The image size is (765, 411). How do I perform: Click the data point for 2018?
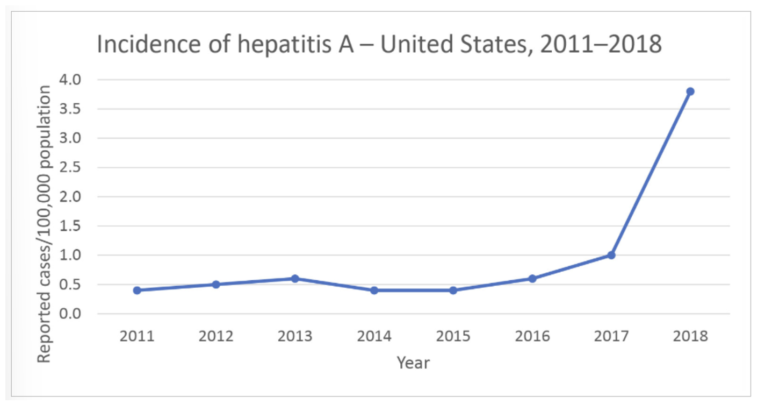(690, 91)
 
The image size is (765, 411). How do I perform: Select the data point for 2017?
(611, 255)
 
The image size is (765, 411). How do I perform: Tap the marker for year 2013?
(295, 279)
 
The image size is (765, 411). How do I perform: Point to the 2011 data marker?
(137, 290)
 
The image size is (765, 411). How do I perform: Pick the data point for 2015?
(453, 290)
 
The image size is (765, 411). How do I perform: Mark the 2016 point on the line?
(532, 279)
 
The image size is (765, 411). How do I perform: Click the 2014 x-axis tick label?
(374, 337)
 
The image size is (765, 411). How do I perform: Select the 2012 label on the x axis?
(216, 337)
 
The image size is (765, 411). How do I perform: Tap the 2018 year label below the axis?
(690, 337)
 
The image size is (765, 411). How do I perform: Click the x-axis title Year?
(413, 363)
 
